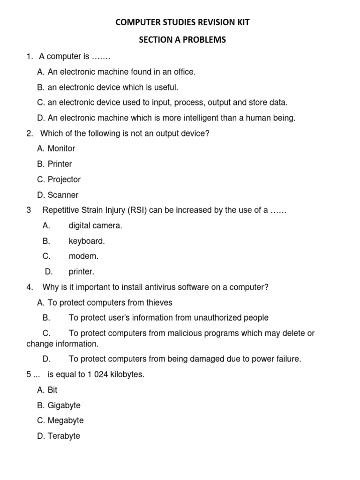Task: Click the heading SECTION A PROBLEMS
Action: tap(182, 40)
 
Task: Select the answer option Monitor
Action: tap(61, 149)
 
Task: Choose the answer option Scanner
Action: tap(63, 195)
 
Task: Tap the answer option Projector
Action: tap(64, 180)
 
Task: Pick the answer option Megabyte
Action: tap(65, 420)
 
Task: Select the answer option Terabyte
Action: tap(64, 436)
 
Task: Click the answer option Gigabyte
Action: tap(64, 405)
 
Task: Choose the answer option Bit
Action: tap(52, 390)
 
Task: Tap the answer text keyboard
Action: tap(87, 241)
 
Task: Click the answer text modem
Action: tap(83, 256)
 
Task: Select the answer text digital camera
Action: tap(95, 225)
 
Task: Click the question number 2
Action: tap(30, 134)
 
